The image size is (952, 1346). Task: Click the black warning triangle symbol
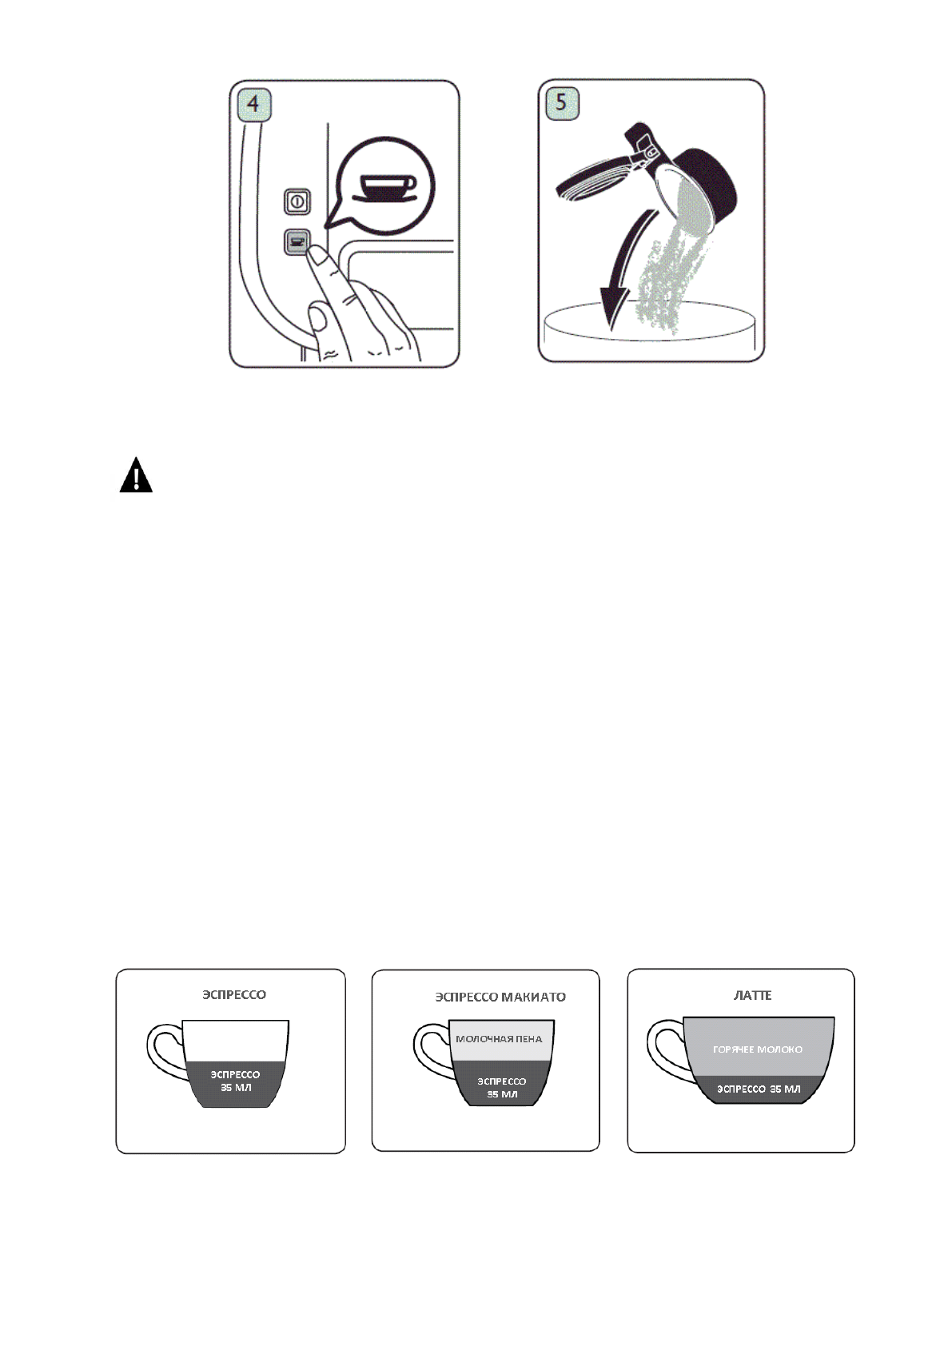(x=136, y=476)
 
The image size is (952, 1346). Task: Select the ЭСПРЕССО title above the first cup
(x=233, y=995)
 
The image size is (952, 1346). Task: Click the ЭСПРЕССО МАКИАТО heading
(x=500, y=997)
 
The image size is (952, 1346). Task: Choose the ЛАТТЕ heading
(x=752, y=995)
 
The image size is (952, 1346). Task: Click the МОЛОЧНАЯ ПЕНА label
(x=499, y=1039)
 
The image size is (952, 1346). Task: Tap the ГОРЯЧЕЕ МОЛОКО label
(x=757, y=1049)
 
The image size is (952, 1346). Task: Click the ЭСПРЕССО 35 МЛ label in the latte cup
(x=758, y=1089)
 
